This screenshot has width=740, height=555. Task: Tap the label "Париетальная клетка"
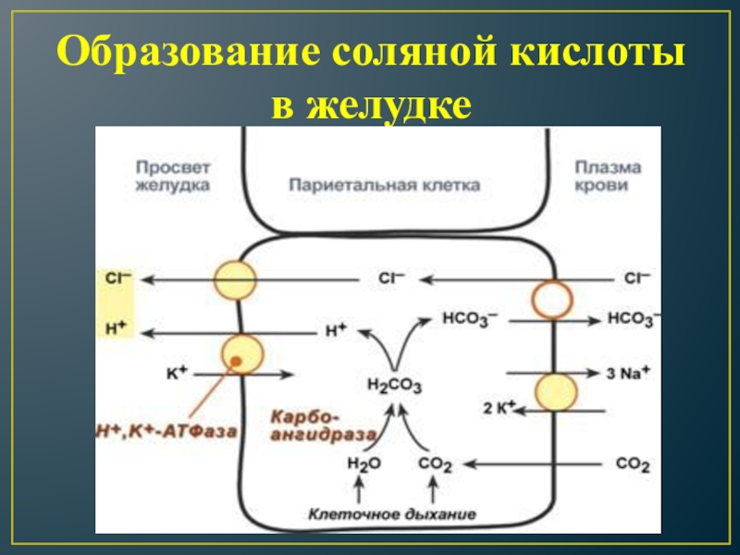coord(385,185)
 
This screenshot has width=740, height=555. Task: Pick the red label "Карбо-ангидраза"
coord(322,425)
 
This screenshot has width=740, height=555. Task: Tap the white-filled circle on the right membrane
coord(552,300)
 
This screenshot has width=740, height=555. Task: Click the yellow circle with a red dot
coord(241,354)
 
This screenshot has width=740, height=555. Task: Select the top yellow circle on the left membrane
coord(235,279)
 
